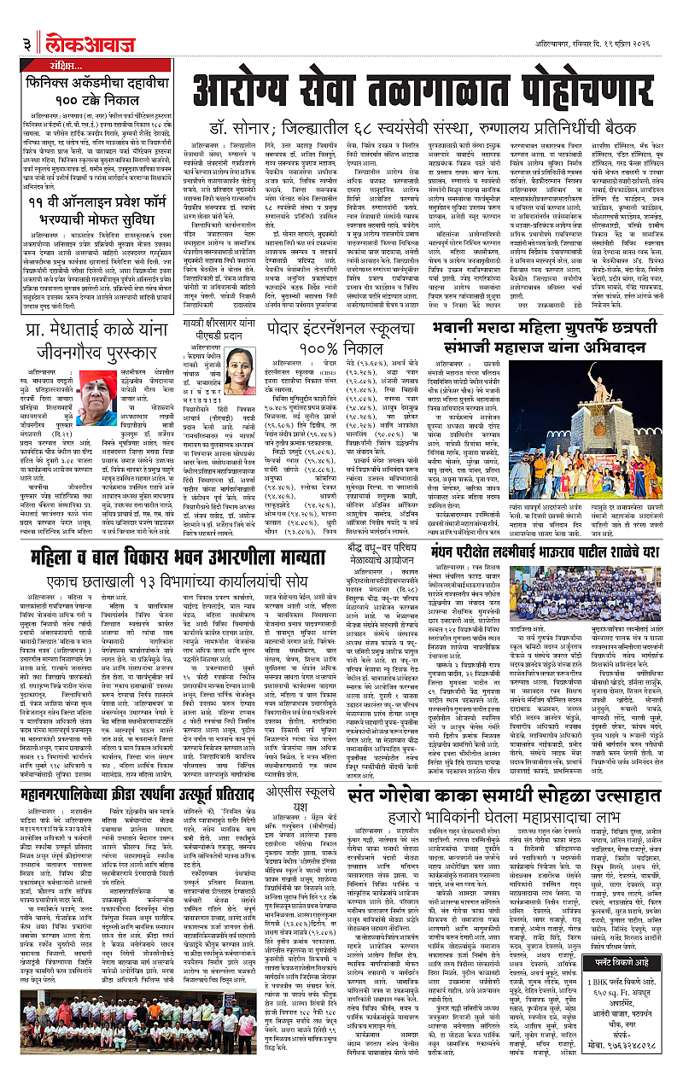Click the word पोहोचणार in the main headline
552,88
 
